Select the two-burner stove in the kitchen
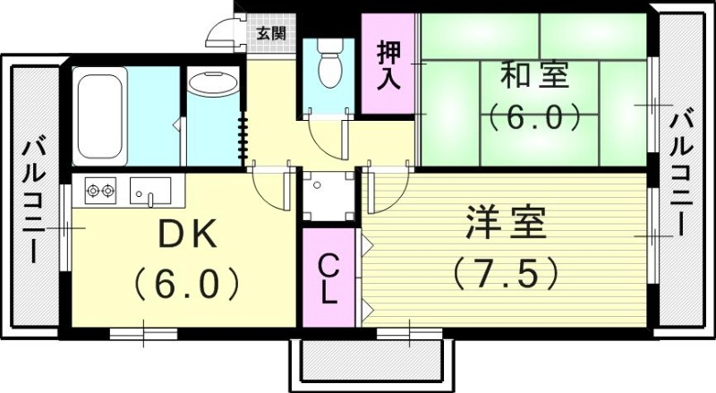[101, 189]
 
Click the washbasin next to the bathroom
[212, 86]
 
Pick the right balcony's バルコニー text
[683, 170]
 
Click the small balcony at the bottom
[371, 362]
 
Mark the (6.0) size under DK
[188, 285]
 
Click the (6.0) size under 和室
[535, 117]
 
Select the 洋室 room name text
[505, 224]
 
